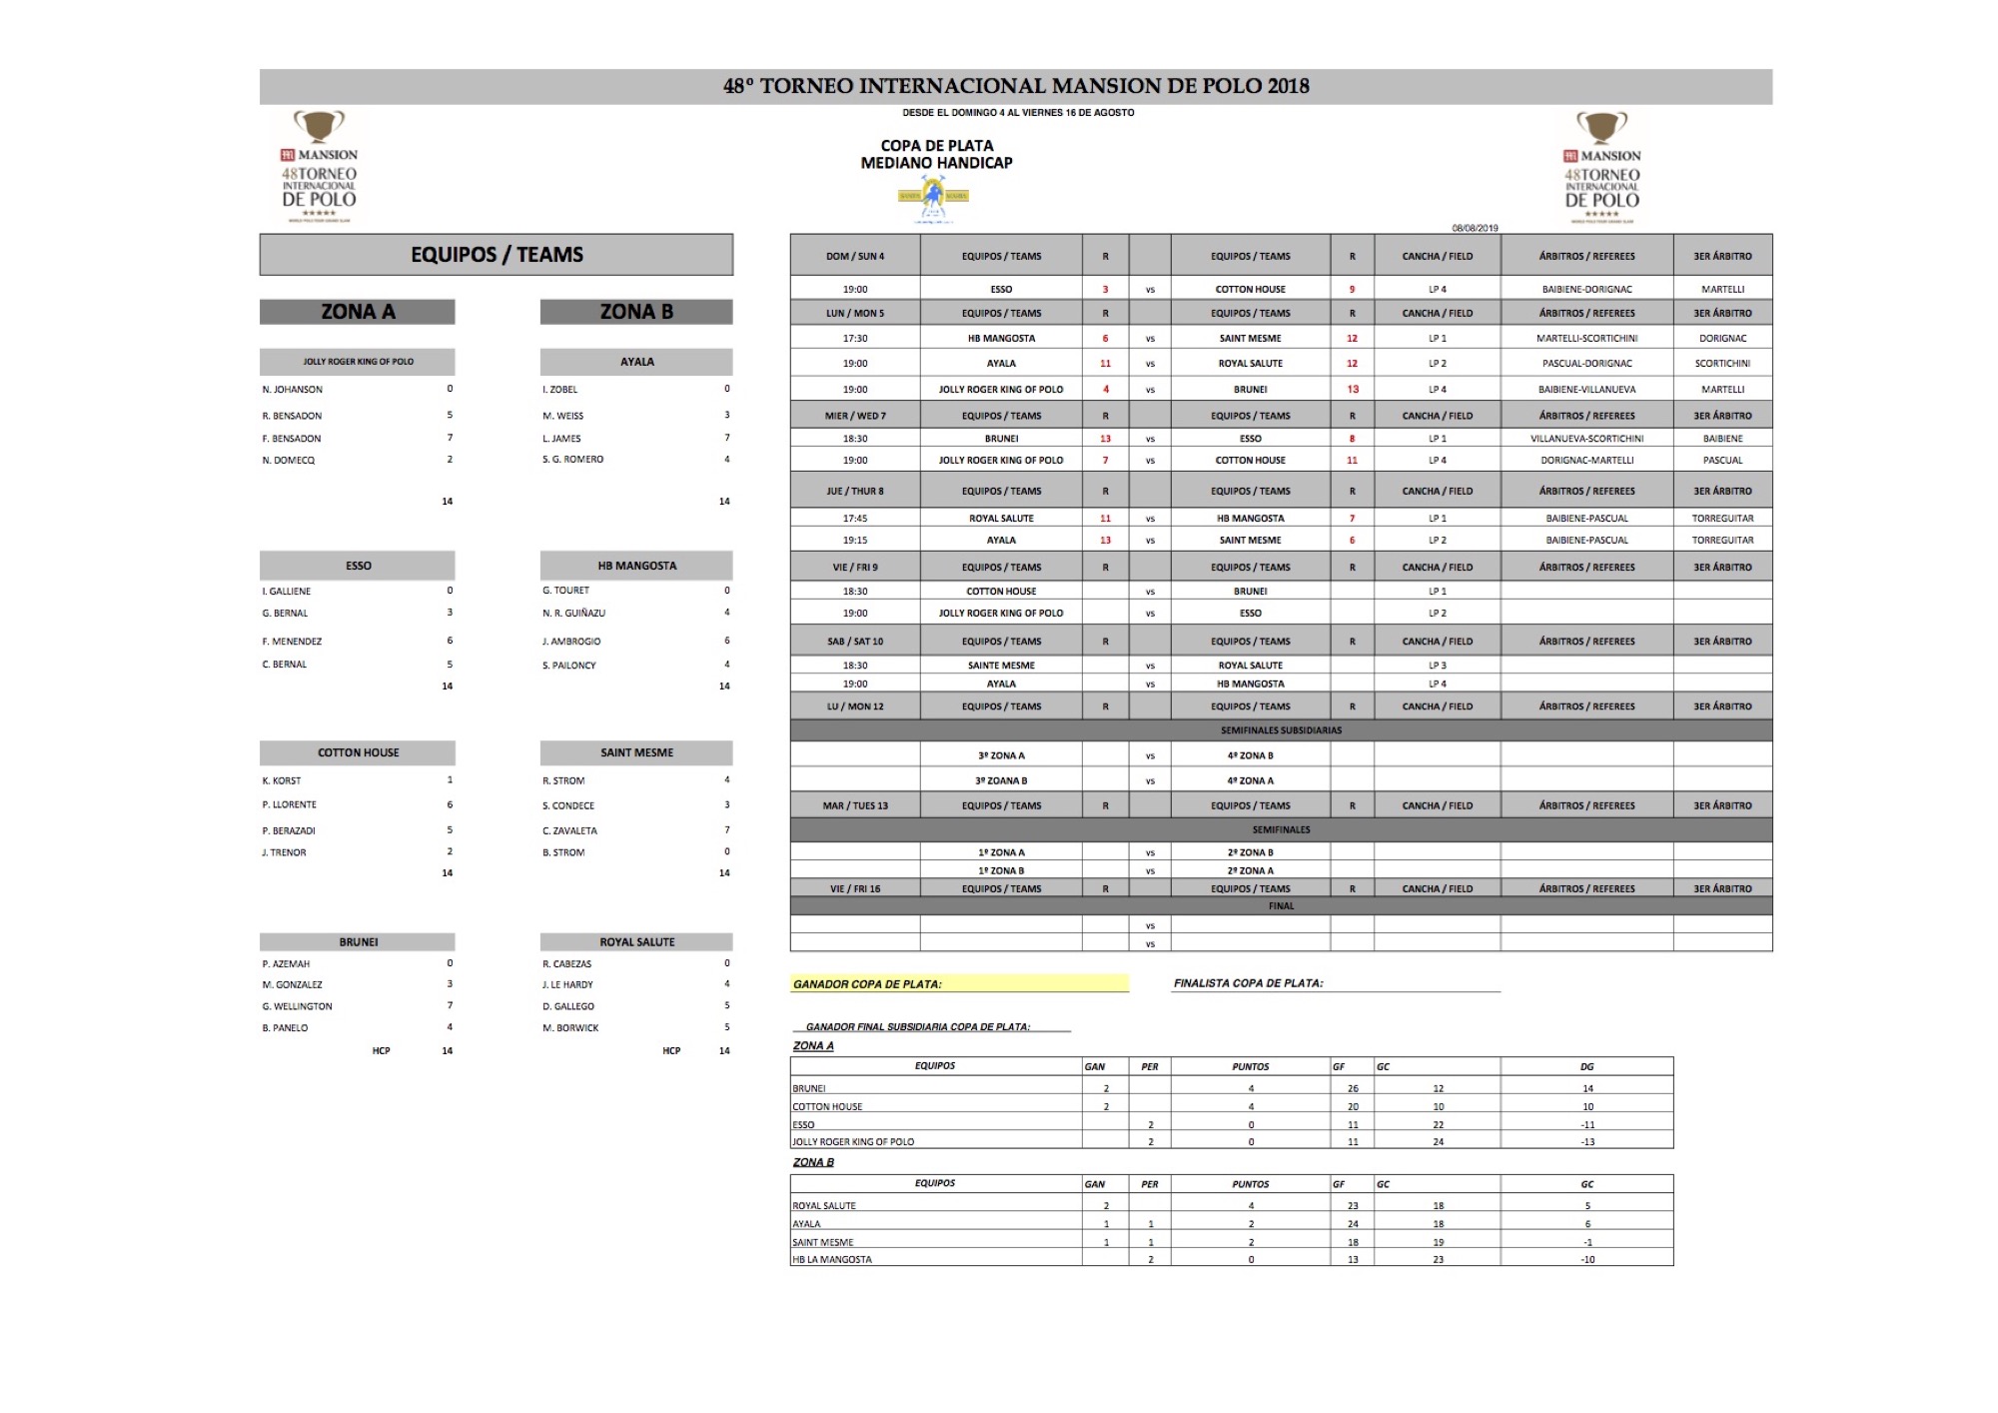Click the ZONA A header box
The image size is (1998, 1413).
(x=357, y=312)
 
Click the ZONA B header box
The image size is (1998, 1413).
(x=636, y=312)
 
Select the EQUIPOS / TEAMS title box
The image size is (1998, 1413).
(x=497, y=255)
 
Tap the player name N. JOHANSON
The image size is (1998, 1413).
(x=293, y=390)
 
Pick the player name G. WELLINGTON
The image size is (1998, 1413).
(x=298, y=1006)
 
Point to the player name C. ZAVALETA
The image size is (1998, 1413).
(x=569, y=830)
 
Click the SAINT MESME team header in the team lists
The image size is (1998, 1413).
(x=636, y=752)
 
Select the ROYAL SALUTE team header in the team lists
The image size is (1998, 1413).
(x=636, y=942)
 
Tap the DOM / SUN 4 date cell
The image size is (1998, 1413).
(x=855, y=257)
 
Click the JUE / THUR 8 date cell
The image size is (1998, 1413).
(x=855, y=492)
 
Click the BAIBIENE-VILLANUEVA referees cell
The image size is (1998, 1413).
(x=1586, y=390)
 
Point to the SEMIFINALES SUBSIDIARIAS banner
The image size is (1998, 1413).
(x=1281, y=730)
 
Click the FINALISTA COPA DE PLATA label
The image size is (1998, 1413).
(x=1249, y=983)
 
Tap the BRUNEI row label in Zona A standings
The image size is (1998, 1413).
(x=809, y=1088)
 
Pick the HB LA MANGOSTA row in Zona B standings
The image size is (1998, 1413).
(x=832, y=1260)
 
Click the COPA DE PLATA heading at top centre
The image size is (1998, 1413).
(x=937, y=146)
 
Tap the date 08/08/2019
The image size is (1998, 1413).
(x=1475, y=228)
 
